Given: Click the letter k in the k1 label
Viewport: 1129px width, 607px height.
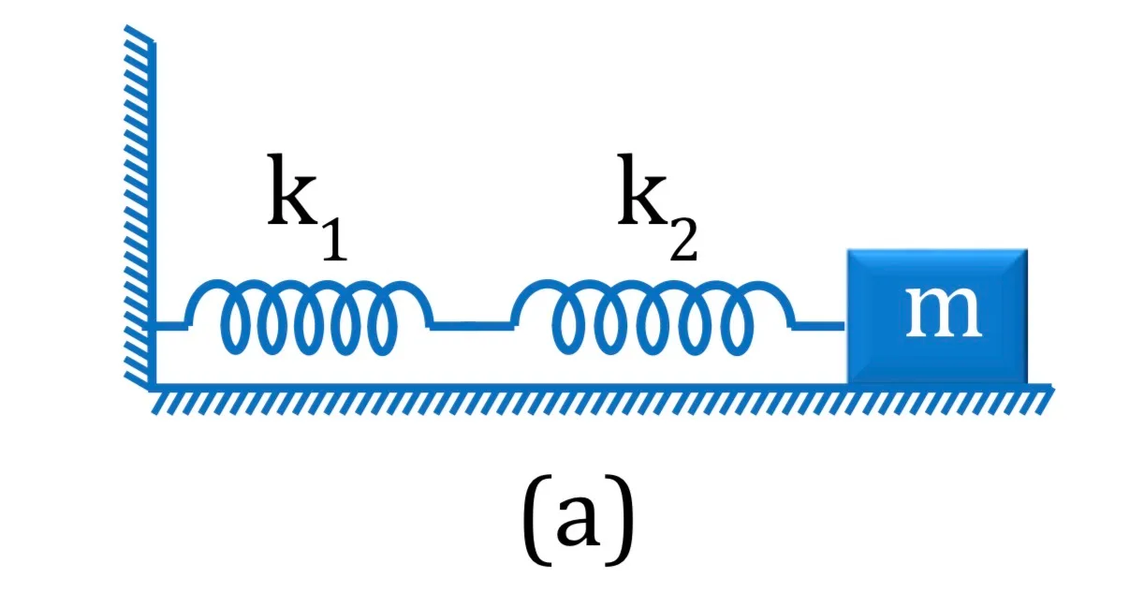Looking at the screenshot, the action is coord(292,189).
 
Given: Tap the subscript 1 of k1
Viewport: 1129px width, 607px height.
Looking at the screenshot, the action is coord(335,241).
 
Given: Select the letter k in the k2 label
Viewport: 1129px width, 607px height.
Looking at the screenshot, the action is coord(642,189).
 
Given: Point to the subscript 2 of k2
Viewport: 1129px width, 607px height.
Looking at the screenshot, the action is coord(683,240).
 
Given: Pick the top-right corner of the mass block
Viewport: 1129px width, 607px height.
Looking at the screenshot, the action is coord(1027,249).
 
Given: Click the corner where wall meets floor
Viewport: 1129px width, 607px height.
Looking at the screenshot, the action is coord(153,387).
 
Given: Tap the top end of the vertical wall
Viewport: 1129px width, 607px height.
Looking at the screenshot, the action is coord(153,43).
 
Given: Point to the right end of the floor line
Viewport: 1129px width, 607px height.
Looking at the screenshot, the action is coord(1052,387).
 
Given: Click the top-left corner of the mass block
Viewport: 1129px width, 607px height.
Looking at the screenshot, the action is coord(848,249).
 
